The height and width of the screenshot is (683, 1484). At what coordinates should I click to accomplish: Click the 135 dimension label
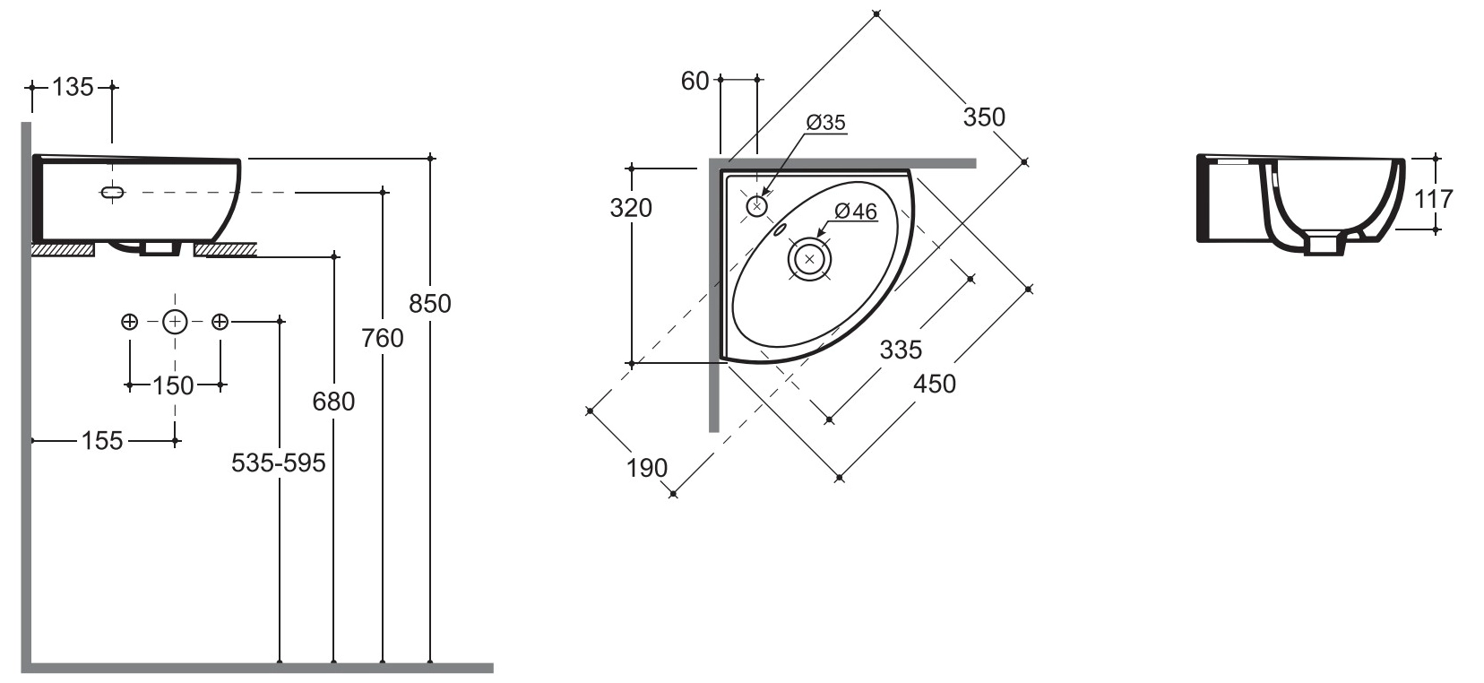coord(73,87)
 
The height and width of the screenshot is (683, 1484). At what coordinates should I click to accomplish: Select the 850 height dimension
coord(430,303)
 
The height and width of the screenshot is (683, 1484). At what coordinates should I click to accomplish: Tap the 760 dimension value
coord(383,338)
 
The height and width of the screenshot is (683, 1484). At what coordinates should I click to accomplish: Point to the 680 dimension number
coord(333,401)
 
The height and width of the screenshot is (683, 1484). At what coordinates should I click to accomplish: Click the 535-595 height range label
coord(279,463)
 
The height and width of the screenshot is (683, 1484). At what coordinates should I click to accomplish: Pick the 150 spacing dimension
coord(174,385)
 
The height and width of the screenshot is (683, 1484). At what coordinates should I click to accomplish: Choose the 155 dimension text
coord(102,440)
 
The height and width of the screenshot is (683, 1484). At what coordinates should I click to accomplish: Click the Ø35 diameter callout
coord(825,123)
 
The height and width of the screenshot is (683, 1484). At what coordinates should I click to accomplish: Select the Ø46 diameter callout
coord(855,212)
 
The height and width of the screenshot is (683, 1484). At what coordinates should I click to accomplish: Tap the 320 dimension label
coord(631,208)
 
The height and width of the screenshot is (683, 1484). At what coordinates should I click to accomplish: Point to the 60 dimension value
coord(695,81)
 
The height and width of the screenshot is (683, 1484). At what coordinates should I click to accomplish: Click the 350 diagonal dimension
coord(984,117)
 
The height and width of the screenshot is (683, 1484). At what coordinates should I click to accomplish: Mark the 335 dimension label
coord(900,349)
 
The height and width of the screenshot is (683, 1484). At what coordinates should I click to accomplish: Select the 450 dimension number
coord(935,384)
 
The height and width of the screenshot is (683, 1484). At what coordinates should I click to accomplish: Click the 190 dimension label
coord(647,467)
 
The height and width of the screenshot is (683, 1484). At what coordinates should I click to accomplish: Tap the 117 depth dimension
coord(1433,198)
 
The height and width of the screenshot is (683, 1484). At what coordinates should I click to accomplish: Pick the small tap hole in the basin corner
coord(757,206)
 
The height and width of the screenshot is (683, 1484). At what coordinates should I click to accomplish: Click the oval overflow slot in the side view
coord(113,192)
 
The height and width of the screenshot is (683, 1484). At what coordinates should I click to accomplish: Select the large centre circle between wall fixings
coord(175,321)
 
